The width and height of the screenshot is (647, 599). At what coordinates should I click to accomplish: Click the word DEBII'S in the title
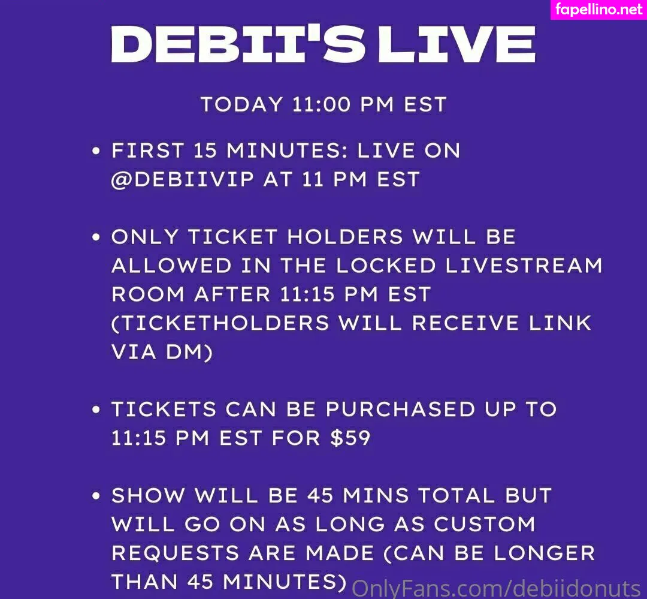(x=238, y=44)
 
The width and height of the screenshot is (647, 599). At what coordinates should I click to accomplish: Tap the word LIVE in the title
(x=456, y=44)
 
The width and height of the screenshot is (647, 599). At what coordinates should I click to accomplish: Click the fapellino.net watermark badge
(x=598, y=10)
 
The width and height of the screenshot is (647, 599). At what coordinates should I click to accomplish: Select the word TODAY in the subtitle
(x=241, y=104)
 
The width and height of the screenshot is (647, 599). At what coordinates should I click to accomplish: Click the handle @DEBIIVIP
(x=183, y=180)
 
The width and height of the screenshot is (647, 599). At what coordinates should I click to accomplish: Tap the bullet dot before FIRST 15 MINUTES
(x=96, y=150)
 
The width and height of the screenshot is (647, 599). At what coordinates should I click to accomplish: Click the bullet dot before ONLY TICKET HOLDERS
(x=96, y=237)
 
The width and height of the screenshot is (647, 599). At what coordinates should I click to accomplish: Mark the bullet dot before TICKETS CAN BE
(x=96, y=410)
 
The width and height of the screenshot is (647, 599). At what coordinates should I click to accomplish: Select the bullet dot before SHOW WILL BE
(x=96, y=496)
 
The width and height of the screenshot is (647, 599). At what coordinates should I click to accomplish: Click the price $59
(x=350, y=438)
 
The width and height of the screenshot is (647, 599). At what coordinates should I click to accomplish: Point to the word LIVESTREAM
(x=524, y=266)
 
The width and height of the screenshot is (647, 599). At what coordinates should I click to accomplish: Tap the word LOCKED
(x=386, y=266)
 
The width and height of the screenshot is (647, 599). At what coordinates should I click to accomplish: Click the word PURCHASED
(x=400, y=410)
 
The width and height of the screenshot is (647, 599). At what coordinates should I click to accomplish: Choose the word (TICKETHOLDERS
(x=220, y=323)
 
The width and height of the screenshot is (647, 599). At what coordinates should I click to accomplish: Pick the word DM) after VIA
(x=189, y=352)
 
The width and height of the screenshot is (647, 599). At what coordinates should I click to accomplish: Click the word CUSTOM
(x=485, y=524)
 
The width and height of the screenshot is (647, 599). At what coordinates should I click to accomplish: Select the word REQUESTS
(x=176, y=553)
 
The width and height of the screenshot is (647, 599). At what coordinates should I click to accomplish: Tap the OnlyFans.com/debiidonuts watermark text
(x=497, y=588)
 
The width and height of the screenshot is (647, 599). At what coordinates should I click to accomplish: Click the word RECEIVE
(x=465, y=323)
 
